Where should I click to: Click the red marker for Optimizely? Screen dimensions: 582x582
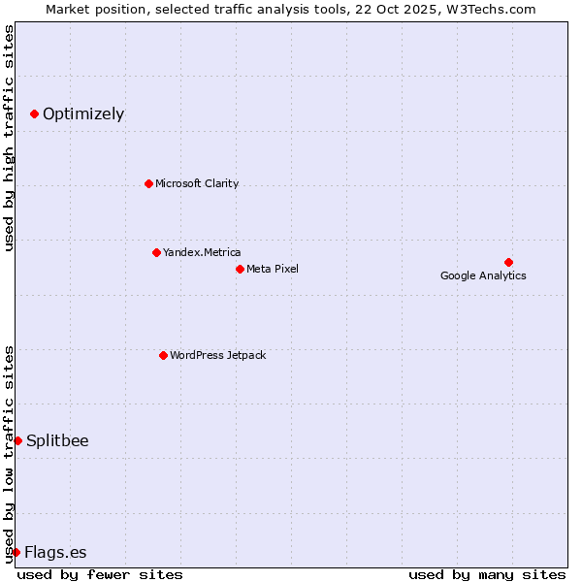[34, 114]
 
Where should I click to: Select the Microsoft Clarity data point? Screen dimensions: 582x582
[148, 183]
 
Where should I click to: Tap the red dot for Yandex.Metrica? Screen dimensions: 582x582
[156, 252]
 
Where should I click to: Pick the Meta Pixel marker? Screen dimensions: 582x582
[240, 269]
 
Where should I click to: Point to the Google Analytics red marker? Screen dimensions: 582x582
[508, 262]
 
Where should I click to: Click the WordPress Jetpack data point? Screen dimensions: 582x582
[163, 355]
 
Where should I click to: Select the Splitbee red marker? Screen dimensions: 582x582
[17, 440]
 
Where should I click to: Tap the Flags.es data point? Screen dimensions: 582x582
[16, 552]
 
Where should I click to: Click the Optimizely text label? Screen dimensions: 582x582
[83, 114]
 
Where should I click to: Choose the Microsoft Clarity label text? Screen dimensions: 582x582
[197, 183]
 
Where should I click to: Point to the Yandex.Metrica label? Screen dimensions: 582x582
[202, 252]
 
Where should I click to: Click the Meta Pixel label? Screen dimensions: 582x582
[273, 269]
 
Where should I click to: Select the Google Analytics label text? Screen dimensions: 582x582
[483, 275]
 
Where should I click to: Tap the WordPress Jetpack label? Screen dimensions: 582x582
[217, 355]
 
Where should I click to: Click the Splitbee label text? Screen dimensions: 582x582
[57, 440]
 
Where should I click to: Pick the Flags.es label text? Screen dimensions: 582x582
[55, 553]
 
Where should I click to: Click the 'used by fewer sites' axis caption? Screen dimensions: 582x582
[100, 574]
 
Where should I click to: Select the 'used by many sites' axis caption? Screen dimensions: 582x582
[487, 574]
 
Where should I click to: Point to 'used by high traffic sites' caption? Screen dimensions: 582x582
[10, 138]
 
